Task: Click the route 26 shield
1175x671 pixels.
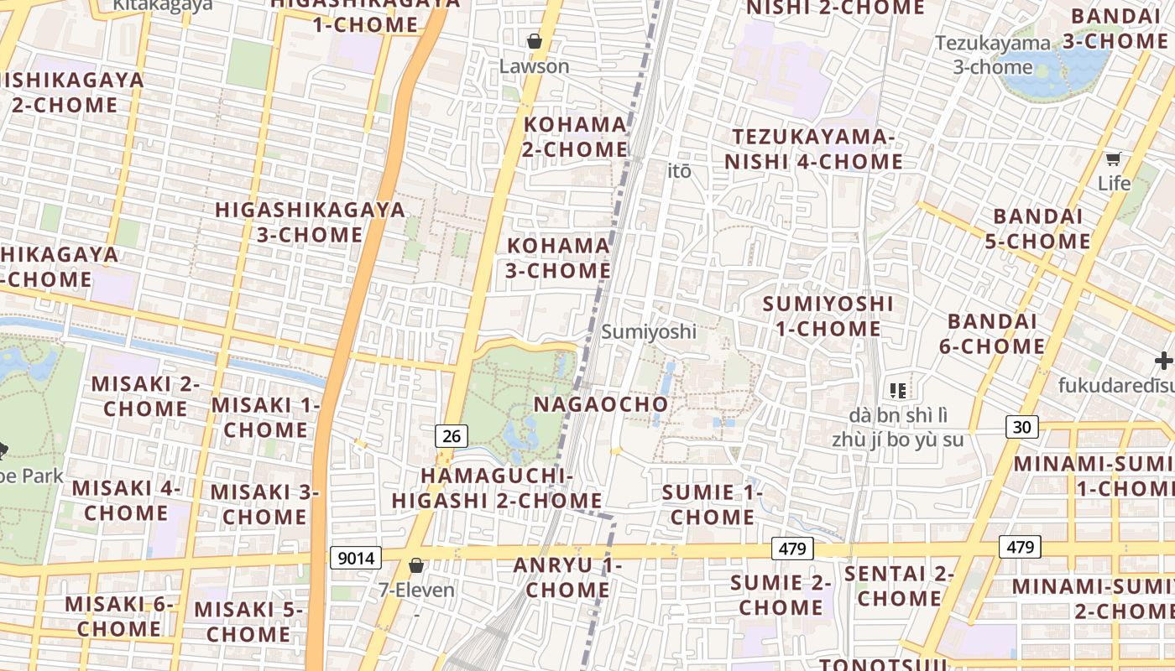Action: coord(452,435)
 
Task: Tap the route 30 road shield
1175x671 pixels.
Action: coord(1021,427)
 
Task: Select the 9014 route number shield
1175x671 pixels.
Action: coord(356,558)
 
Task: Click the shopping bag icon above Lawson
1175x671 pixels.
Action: coord(534,41)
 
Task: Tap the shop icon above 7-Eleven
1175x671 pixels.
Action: coord(415,565)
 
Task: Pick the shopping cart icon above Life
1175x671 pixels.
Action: coord(1113,159)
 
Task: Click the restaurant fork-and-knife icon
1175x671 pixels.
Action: coord(897,390)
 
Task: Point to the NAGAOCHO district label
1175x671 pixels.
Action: coord(601,404)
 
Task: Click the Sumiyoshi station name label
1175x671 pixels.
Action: coord(649,331)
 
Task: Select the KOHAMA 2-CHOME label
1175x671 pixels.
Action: coord(576,137)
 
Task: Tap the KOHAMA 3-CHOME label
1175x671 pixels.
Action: coord(558,258)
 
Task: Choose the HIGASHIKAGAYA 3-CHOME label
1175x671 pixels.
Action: coord(310,222)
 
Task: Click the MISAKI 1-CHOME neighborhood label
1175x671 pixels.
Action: coord(265,418)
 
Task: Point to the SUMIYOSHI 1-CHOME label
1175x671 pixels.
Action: coord(828,316)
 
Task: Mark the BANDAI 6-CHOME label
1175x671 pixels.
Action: coord(995,334)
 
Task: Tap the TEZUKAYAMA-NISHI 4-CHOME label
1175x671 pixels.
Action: coord(813,149)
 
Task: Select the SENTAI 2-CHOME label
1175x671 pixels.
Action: coord(899,586)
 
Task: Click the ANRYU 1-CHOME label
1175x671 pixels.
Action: coord(567,578)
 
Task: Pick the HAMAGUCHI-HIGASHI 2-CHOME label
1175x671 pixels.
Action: coord(497,488)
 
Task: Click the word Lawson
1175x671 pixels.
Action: coord(534,66)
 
